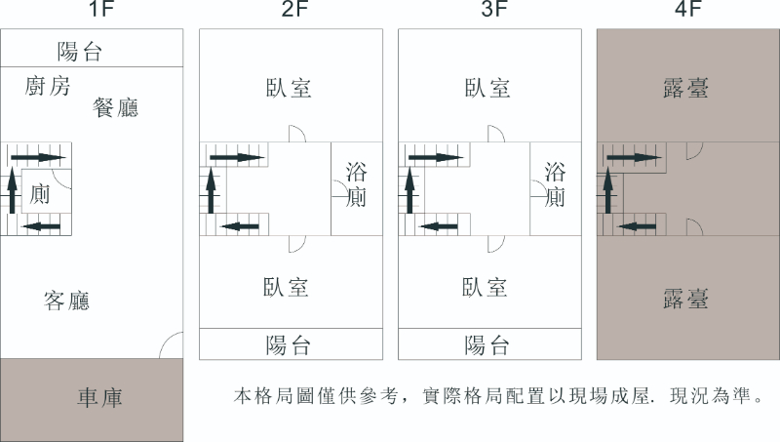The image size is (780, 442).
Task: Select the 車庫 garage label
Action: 99,398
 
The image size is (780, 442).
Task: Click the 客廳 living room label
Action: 67,300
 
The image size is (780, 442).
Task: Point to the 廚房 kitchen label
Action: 48,86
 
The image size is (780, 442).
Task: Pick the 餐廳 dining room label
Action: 115,107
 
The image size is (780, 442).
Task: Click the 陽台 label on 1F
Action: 80,52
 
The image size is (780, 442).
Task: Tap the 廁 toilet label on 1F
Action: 40,193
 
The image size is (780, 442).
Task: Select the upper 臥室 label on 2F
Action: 289,87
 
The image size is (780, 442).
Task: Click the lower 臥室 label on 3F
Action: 486,287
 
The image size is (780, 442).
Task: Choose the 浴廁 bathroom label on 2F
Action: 356,185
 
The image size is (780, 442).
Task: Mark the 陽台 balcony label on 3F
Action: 487,344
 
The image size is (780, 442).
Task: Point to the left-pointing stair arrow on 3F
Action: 440,225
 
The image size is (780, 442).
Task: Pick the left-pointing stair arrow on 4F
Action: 639,225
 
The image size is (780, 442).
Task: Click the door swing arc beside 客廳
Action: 172,345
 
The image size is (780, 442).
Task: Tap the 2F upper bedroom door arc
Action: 296,135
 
